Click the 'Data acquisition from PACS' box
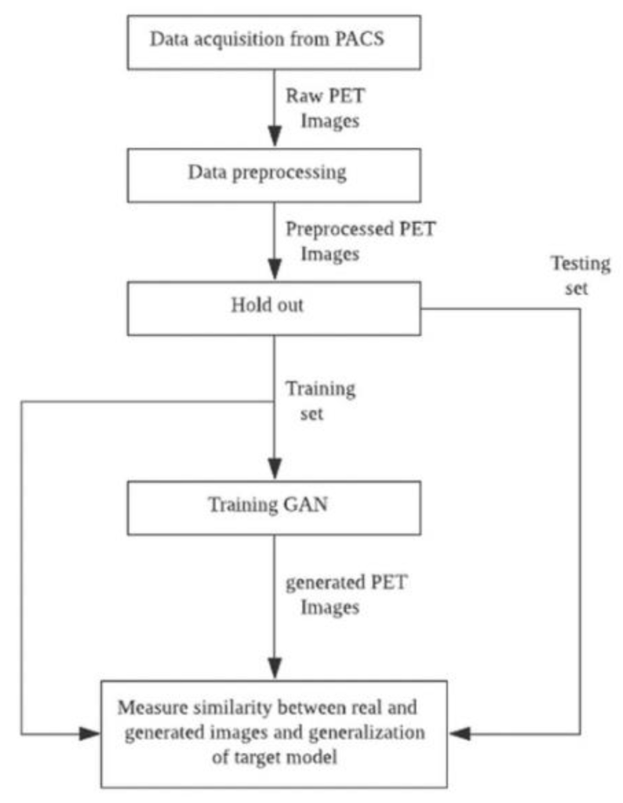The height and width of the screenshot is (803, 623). point(273,38)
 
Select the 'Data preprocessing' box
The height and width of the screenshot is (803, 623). point(273,173)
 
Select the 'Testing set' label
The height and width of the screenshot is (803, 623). point(580,274)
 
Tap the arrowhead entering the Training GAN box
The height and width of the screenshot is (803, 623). point(273,473)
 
